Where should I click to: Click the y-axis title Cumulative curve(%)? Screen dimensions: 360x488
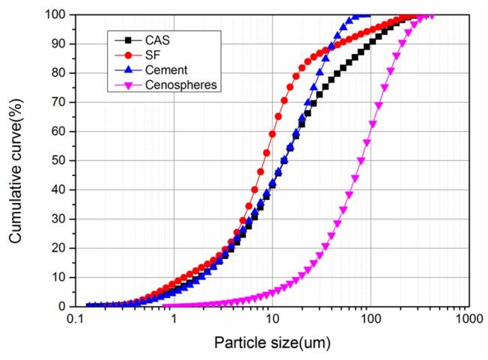(x=16, y=159)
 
